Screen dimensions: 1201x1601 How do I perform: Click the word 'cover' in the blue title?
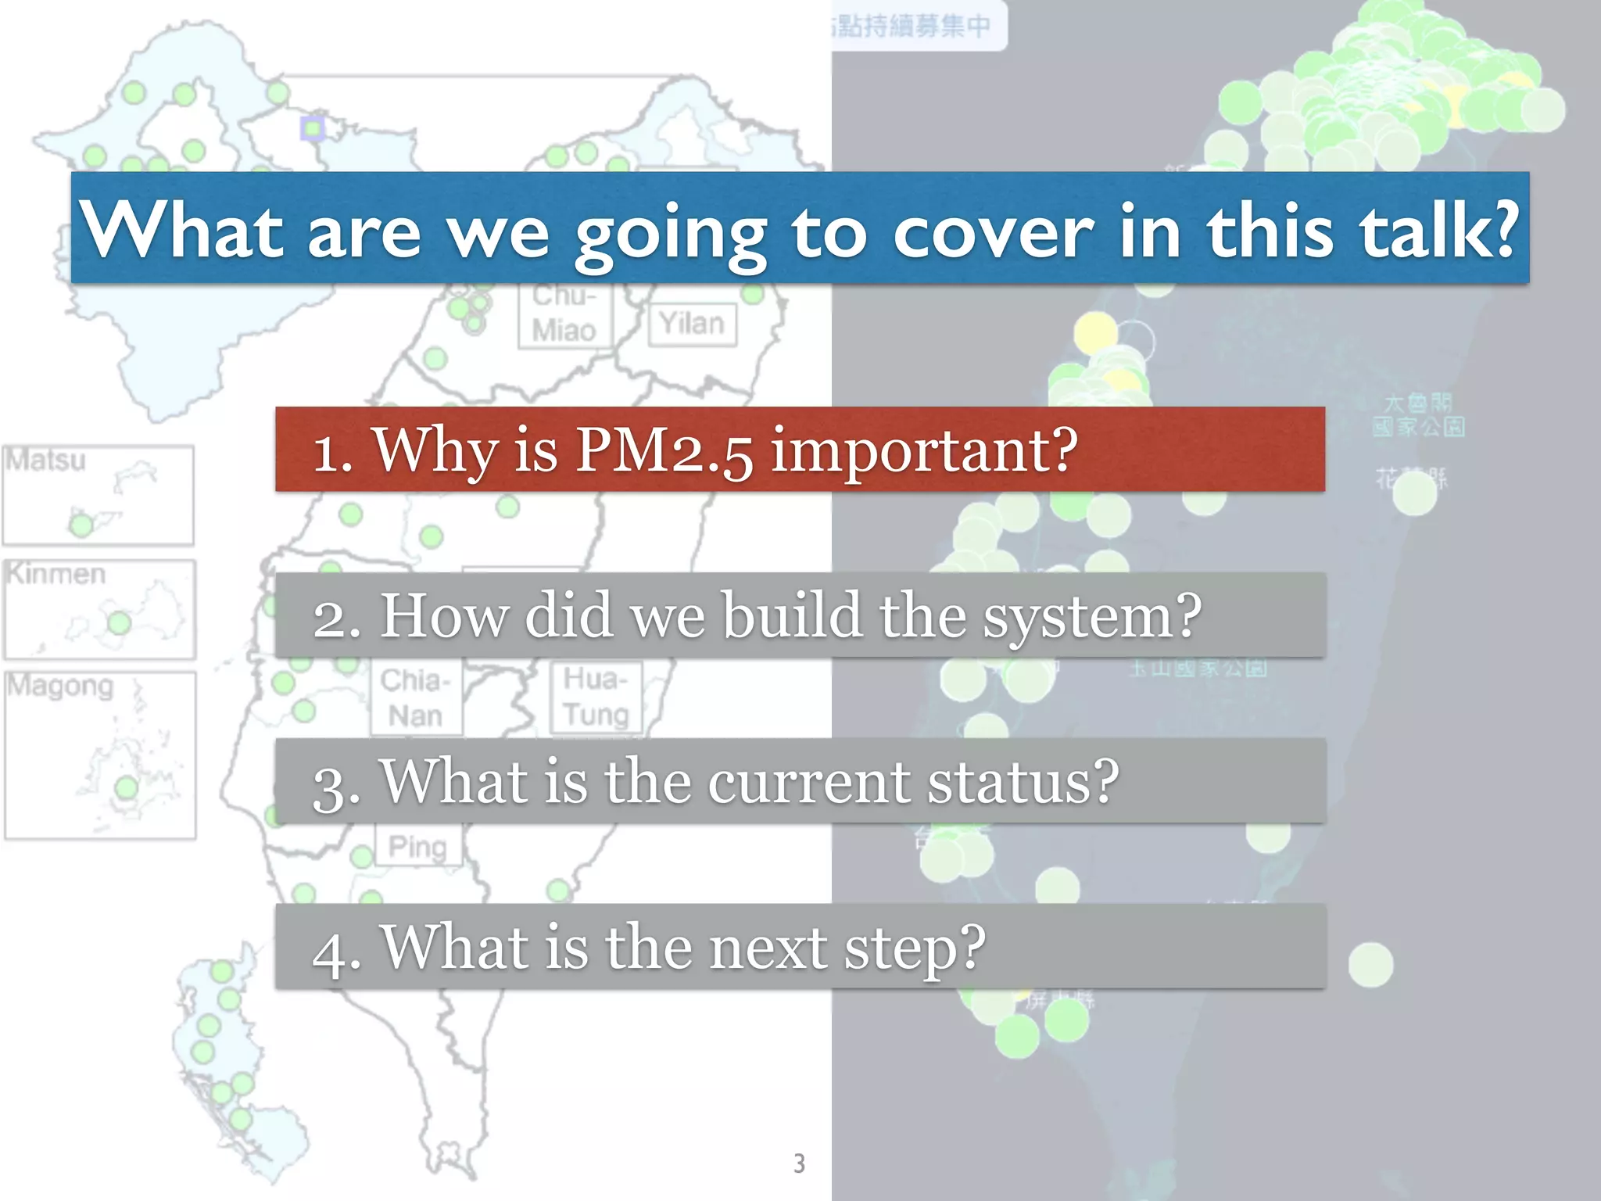point(993,231)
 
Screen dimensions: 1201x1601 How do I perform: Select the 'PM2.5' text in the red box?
point(664,452)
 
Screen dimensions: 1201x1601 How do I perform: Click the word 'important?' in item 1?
point(924,452)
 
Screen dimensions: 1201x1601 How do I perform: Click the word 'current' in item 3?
point(808,782)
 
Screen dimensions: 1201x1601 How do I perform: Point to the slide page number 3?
point(799,1163)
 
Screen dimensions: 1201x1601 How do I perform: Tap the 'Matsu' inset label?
point(45,460)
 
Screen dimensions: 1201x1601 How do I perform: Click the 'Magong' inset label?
point(61,687)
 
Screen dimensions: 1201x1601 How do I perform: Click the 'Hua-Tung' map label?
point(596,697)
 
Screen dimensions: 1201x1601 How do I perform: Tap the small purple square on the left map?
point(313,128)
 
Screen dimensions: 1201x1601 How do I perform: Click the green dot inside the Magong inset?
point(126,788)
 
